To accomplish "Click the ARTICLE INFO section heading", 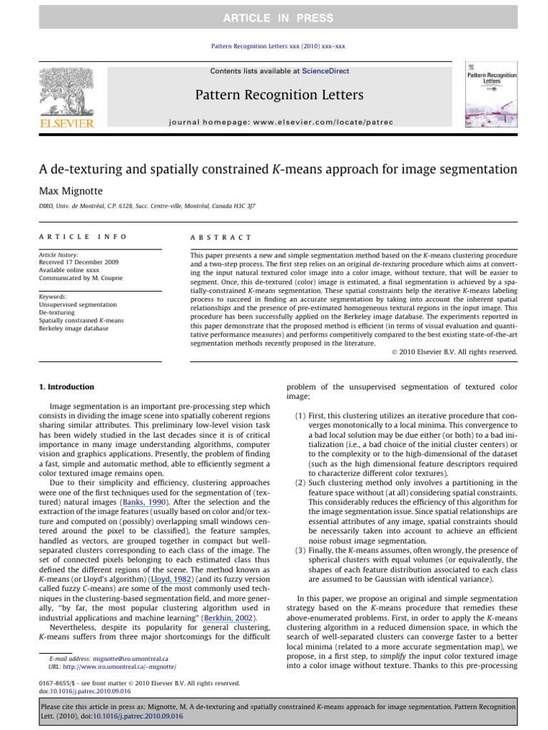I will pos(83,237).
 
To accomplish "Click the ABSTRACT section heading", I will pos(221,237).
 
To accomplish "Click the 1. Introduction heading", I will pos(65,387).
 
